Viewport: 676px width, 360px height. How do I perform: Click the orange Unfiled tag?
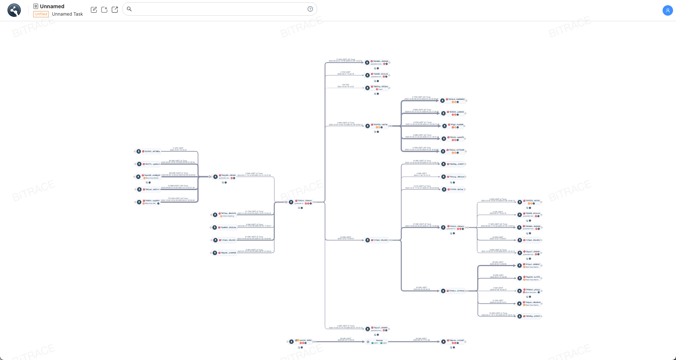pos(41,14)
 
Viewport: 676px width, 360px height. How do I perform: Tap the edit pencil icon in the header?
pos(94,10)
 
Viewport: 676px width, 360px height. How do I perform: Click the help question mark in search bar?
pos(310,9)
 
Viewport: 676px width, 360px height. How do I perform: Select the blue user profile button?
pos(667,10)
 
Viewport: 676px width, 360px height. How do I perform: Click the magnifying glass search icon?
pos(129,9)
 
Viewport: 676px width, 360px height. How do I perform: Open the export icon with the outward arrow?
pos(115,10)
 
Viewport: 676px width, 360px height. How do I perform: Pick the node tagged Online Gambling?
pos(227,214)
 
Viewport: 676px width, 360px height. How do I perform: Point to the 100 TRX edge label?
pos(345,85)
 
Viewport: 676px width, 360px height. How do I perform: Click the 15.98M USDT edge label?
pos(178,186)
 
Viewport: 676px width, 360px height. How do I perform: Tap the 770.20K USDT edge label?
pos(178,199)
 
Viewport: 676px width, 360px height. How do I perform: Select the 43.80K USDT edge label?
pos(422,287)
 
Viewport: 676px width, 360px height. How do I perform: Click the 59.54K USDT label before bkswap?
pos(346,338)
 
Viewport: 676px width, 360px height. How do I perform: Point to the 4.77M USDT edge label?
pos(421,97)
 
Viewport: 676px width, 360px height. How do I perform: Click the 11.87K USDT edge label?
pos(178,148)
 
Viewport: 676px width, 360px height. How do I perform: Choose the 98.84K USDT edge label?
pos(498,262)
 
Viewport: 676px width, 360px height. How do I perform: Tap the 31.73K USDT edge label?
pos(254,212)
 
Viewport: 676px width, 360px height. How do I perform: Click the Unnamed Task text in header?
pos(67,14)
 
